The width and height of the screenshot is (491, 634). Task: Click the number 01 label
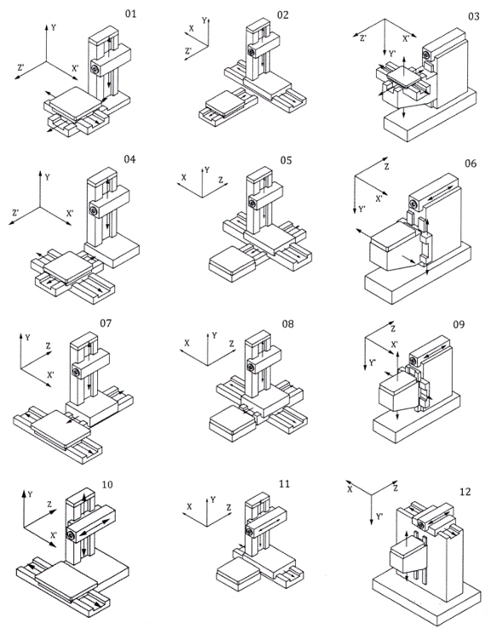pyautogui.click(x=130, y=14)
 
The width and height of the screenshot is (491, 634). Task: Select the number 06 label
pyautogui.click(x=471, y=164)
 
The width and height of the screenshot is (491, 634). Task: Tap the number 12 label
pyautogui.click(x=465, y=492)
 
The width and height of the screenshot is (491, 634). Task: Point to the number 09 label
pyautogui.click(x=459, y=325)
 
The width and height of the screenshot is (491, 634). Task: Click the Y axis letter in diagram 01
pyautogui.click(x=54, y=28)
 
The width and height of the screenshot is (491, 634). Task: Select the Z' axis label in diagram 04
pyautogui.click(x=15, y=212)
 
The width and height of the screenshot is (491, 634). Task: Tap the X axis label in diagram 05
pyautogui.click(x=183, y=177)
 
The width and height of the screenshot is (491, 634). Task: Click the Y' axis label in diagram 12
pyautogui.click(x=380, y=516)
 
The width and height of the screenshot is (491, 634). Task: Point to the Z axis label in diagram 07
pyautogui.click(x=48, y=346)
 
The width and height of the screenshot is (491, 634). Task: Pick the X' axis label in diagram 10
pyautogui.click(x=54, y=536)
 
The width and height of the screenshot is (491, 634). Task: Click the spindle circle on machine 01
pyautogui.click(x=95, y=70)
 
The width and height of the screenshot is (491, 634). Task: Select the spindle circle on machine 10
pyautogui.click(x=71, y=536)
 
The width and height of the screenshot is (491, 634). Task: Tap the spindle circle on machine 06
pyautogui.click(x=413, y=204)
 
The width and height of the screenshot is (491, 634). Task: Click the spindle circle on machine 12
pyautogui.click(x=421, y=525)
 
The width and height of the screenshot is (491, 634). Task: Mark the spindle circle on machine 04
pyautogui.click(x=94, y=210)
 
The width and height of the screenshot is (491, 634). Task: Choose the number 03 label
pyautogui.click(x=474, y=16)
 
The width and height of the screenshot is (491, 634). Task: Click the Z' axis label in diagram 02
pyautogui.click(x=188, y=51)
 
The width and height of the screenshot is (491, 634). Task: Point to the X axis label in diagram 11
pyautogui.click(x=189, y=507)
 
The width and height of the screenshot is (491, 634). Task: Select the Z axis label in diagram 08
pyautogui.click(x=231, y=343)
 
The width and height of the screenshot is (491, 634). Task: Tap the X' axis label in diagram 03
pyautogui.click(x=406, y=39)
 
